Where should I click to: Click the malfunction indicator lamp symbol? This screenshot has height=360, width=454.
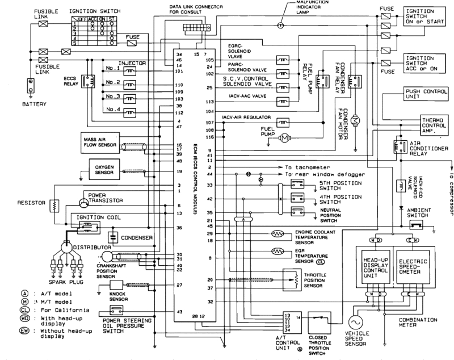(279, 26)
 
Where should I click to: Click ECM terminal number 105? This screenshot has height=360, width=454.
(210, 59)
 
